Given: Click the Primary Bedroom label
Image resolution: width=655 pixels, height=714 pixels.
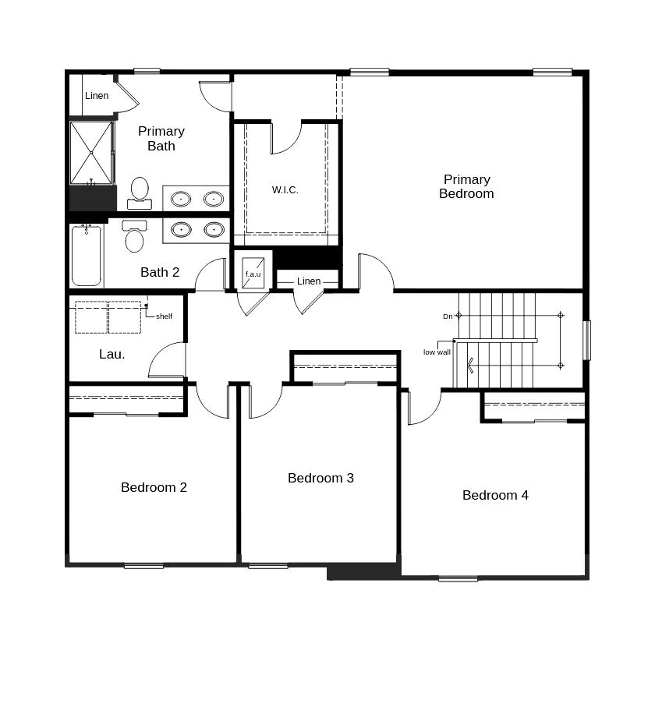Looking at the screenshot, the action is pos(466,186).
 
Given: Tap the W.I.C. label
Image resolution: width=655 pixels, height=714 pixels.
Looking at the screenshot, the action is pos(285,190).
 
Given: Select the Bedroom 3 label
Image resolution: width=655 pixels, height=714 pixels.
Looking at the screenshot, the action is pos(320,478).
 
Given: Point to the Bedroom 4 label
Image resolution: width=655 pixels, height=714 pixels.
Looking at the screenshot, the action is pos(495,495).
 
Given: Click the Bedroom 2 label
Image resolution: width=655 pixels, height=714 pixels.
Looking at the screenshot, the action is pos(154,487).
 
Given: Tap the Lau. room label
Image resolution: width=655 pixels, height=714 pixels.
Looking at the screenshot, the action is pos(112,354).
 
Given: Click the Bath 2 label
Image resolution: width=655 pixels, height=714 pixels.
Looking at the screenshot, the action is pos(159,272).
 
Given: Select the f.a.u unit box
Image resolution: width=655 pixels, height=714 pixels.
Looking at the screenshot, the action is pos(253,273).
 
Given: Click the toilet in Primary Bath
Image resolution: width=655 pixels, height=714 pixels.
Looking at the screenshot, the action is pos(140,193).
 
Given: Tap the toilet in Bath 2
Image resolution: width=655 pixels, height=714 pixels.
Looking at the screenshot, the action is pos(134,236).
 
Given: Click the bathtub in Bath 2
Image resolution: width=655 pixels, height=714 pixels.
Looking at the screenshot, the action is pos(87,256).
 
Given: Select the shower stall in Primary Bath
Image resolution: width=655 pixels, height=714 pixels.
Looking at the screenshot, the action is pos(91,153).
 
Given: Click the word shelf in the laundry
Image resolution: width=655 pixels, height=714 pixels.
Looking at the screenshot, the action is pos(164,316).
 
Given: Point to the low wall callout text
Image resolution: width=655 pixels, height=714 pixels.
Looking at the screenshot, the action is pos(437,352).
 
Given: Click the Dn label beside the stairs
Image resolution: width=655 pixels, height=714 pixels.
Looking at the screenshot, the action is pos(448,316).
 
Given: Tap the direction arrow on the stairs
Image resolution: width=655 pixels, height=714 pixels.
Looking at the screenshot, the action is pos(470,366).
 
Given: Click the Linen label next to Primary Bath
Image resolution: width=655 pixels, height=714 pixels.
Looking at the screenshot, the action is pos(97,96).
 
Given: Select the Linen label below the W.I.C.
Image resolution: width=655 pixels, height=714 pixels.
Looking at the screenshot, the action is pos(308,281).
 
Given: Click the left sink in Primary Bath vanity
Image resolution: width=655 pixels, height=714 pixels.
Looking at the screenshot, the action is pos(181,199).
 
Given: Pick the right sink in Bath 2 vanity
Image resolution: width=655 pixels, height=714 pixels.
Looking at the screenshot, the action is pos(214,229).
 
